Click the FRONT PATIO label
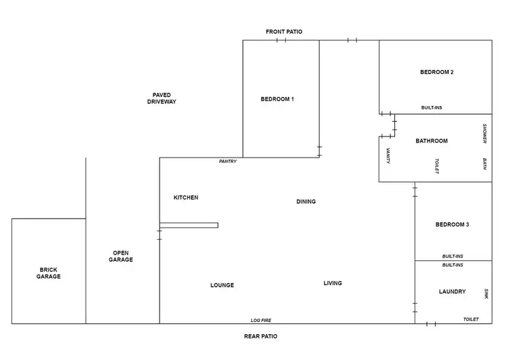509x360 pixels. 284,32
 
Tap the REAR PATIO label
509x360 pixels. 261,336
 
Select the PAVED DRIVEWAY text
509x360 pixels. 162,98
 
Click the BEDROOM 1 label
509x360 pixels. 277,99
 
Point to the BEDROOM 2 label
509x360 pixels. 436,72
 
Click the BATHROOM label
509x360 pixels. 432,141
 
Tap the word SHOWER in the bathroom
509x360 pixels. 485,133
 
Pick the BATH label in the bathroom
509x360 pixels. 485,166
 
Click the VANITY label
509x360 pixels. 388,156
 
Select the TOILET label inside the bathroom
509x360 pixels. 437,166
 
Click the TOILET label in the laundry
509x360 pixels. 471,319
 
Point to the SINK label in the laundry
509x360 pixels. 486,293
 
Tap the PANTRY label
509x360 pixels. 227,162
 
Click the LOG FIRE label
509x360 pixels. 261,320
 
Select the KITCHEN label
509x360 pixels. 186,198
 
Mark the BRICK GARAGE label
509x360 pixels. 49,273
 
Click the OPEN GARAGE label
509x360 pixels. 121,256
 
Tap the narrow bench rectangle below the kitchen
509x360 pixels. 189,226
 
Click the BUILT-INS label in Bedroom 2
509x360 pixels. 432,108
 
